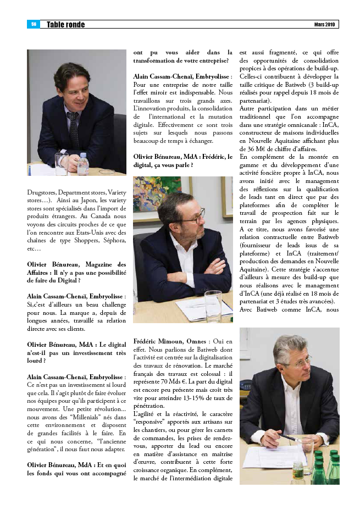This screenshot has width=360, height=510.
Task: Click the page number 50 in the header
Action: (33, 24)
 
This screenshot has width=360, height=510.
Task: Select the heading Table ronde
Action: (66, 25)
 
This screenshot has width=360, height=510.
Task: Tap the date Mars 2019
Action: (324, 25)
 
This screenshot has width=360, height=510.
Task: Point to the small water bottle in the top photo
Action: (83, 163)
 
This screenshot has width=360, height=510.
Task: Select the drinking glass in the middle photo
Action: (213, 304)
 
